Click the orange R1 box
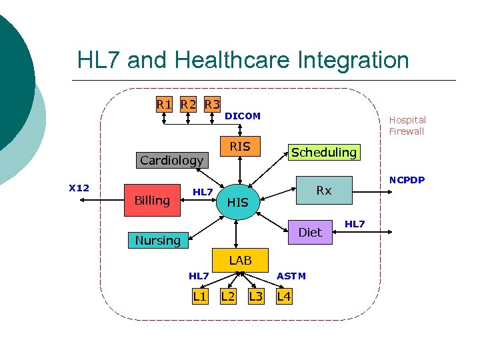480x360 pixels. point(164,104)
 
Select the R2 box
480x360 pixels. point(189,104)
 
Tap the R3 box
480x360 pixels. point(213,104)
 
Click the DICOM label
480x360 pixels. point(243,116)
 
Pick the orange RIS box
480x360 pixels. point(240,147)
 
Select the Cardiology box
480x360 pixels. point(171,160)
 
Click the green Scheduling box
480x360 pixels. point(323,152)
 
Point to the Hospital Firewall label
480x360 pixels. point(407,125)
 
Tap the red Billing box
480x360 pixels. point(152,201)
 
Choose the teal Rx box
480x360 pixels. point(324,191)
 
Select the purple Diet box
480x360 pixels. point(310,232)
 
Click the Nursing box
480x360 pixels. point(158,240)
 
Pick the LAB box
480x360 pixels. point(240,260)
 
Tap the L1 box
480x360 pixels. point(199,296)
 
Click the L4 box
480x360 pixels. point(284,296)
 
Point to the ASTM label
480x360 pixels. point(291,276)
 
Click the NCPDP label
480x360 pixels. point(407,180)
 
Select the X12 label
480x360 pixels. point(79,188)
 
